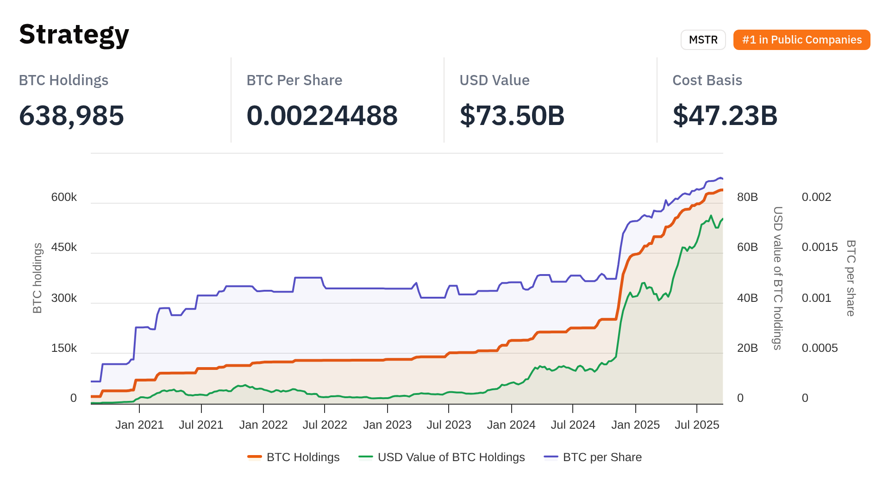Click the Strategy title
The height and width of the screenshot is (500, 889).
coord(74,35)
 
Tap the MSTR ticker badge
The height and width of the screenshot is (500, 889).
coord(703,40)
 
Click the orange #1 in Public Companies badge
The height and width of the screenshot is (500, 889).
coord(801,40)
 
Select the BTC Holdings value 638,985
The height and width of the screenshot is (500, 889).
coord(71,115)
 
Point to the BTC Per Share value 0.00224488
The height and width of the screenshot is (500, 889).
coord(322,115)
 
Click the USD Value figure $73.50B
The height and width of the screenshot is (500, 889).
coord(512,115)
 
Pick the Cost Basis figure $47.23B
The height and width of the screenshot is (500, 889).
coord(725,115)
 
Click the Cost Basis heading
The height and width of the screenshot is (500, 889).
coord(707,80)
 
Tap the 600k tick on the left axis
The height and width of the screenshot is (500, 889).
coord(64,197)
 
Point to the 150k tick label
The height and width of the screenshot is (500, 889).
coord(64,348)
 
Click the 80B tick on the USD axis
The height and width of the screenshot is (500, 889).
coord(747,197)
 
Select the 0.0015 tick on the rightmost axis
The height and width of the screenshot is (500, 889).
coord(820,247)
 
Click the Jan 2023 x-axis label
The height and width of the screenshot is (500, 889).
coord(387,425)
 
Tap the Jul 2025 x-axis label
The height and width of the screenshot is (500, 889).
coord(697,425)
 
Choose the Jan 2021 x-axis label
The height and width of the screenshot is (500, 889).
coord(139,425)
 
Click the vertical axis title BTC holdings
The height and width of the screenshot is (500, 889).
coord(38,278)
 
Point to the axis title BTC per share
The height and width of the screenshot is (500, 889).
coord(851,278)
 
